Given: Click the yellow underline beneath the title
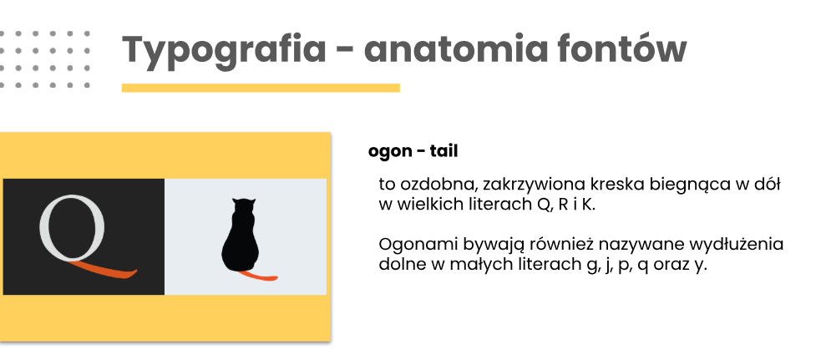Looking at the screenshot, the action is point(261,88).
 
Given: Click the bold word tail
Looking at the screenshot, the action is point(444,151).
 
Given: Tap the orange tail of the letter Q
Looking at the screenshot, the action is point(104,270).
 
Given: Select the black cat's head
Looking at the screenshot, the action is point(244,207).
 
